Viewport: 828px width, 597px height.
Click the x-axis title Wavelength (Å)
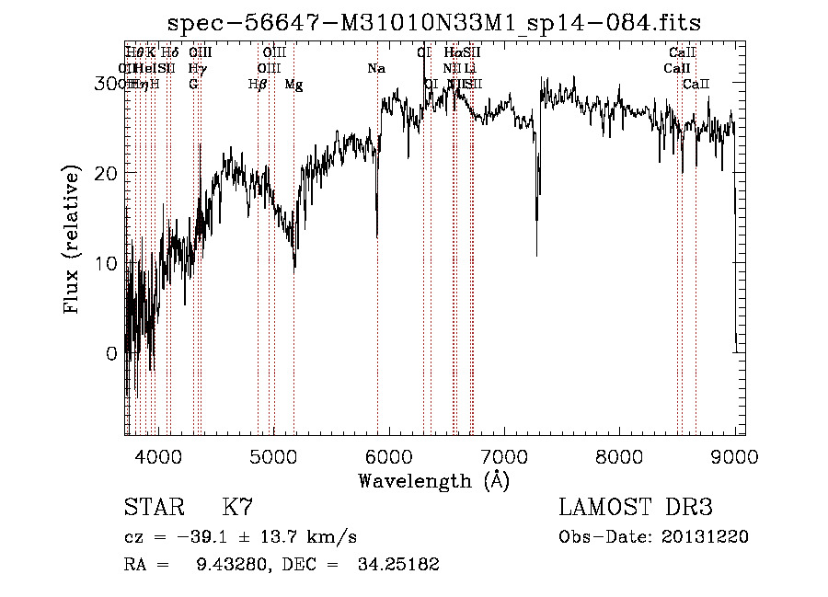pyautogui.click(x=433, y=480)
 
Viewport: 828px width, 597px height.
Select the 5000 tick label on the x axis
pyautogui.click(x=273, y=455)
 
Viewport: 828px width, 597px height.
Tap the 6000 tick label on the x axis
pyautogui.click(x=389, y=455)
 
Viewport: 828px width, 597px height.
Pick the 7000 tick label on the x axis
pyautogui.click(x=504, y=455)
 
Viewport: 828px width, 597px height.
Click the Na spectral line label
pyautogui.click(x=375, y=68)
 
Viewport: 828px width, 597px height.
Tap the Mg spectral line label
pyautogui.click(x=293, y=85)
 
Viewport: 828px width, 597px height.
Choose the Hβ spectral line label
pyautogui.click(x=258, y=85)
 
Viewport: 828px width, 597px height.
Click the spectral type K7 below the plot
pyautogui.click(x=237, y=508)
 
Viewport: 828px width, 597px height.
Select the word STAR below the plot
pyautogui.click(x=153, y=508)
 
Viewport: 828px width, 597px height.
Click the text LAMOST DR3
pyautogui.click(x=636, y=508)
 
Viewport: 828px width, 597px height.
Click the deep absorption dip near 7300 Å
pyautogui.click(x=537, y=250)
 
